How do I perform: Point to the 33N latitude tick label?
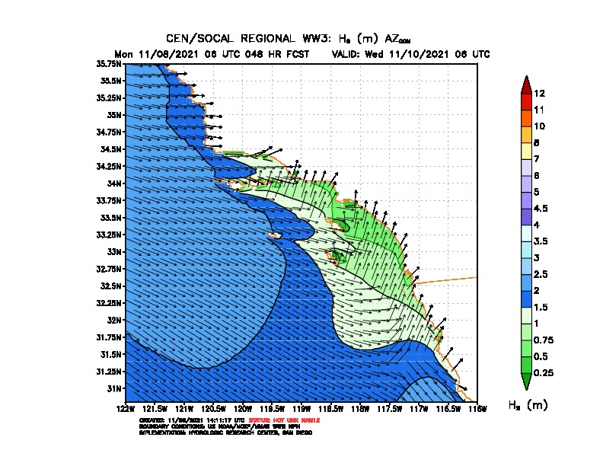click(113, 251)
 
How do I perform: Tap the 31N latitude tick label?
click(113, 388)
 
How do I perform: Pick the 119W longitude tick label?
click(301, 410)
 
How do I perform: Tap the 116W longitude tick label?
click(477, 410)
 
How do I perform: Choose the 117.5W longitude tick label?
click(389, 410)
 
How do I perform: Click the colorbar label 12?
click(539, 94)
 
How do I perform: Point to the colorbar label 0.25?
click(544, 372)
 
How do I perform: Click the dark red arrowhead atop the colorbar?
click(526, 83)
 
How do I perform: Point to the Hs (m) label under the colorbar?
click(528, 405)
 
